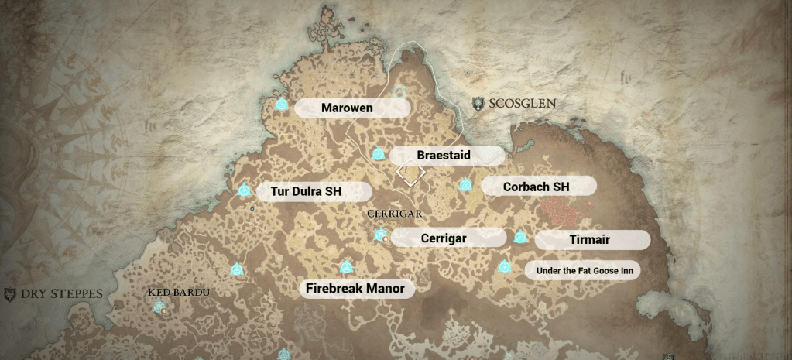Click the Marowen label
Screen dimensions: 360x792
coord(347,108)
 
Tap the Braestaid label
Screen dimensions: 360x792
coord(444,156)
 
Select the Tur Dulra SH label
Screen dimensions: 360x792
coord(305,191)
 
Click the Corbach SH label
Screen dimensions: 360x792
coord(536,187)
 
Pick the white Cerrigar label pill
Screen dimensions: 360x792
coord(444,238)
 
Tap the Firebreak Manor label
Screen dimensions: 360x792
coord(355,289)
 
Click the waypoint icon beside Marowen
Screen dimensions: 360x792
coord(282,105)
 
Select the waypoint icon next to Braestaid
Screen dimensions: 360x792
coord(378,154)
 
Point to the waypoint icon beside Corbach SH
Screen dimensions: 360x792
coord(465,185)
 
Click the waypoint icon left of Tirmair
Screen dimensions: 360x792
coord(520,237)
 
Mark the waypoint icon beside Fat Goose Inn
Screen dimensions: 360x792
coord(505,267)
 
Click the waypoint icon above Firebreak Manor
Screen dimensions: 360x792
coord(346,267)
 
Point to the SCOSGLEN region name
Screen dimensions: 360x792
coord(522,103)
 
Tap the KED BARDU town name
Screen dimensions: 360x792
coord(179,292)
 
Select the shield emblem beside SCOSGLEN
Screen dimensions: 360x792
coord(478,103)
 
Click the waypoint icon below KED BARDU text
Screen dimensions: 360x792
coord(159,307)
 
